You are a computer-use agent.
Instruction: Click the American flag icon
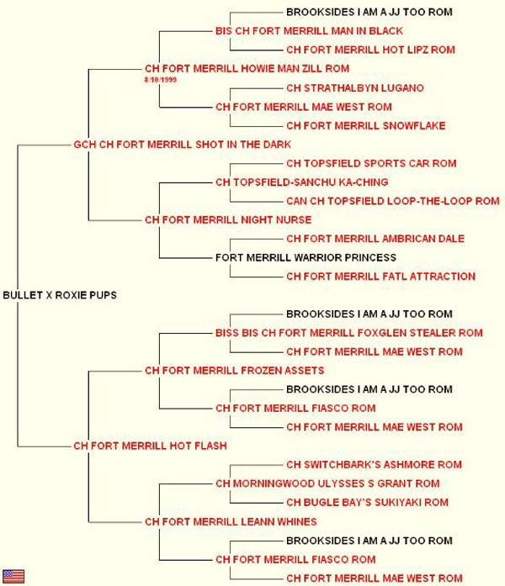tap(13, 576)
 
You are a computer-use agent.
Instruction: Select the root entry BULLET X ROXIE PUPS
tap(60, 295)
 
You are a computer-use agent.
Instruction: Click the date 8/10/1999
tap(161, 80)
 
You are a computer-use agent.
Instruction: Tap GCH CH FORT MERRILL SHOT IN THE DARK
tap(182, 145)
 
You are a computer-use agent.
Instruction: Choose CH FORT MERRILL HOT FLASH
tap(150, 446)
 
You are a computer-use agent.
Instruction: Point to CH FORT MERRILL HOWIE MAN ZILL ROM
tap(247, 69)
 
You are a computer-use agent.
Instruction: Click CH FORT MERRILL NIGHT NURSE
tap(228, 219)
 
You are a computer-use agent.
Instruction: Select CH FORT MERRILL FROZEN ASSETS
tap(235, 371)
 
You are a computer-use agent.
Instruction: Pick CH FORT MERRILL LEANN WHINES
tap(231, 522)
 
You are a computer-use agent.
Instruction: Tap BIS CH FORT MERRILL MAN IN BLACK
tap(310, 31)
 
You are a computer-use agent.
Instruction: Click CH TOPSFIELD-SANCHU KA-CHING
tap(302, 182)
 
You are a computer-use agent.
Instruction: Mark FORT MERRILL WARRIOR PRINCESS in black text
tap(306, 257)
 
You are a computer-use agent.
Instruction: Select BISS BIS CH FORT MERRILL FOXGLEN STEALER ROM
tap(349, 333)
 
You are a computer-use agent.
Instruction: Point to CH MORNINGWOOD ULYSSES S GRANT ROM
tap(327, 483)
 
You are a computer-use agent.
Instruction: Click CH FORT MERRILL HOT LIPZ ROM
tap(370, 50)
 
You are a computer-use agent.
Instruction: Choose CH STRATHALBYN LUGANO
tap(355, 88)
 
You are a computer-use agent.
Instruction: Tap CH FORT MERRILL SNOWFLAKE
tap(366, 126)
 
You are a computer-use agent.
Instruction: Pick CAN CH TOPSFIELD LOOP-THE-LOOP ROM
tap(393, 201)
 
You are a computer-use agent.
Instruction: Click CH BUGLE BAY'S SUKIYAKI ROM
tap(367, 502)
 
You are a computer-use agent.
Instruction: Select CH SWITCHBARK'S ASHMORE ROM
tap(374, 465)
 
